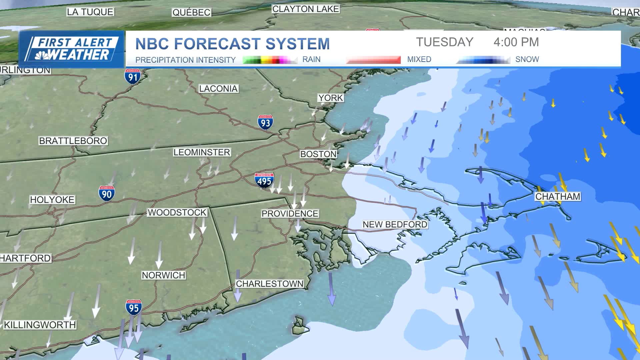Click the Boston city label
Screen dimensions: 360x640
318,154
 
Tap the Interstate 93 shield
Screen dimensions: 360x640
265,122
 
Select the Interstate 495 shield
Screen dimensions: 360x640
264,180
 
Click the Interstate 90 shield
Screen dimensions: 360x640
107,194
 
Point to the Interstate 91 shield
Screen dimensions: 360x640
133,76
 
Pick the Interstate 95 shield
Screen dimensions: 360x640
134,307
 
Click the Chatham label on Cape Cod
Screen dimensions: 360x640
558,197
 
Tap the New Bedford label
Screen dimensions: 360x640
395,224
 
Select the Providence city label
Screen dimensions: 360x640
290,213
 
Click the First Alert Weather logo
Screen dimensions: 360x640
71,49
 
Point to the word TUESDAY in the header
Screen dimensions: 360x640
445,42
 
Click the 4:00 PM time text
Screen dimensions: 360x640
516,42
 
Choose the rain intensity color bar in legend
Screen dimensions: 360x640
270,60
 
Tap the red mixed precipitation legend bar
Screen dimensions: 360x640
373,60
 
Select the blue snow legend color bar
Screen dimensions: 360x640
483,60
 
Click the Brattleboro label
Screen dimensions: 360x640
73,141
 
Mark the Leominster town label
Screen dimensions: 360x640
202,152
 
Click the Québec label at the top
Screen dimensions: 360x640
191,13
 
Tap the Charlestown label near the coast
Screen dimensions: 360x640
269,284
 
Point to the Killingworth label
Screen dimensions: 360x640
40,325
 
